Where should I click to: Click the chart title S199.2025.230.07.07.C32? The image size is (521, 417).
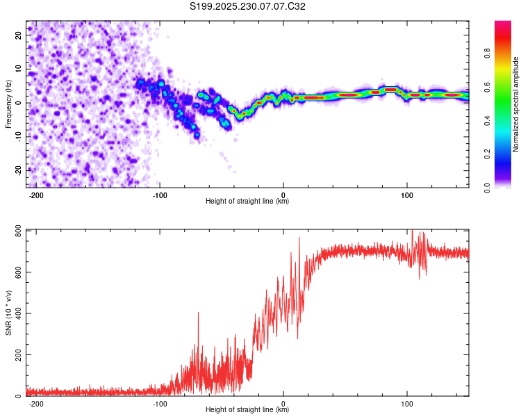(248, 7)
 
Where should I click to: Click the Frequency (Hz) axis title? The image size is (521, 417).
(8, 103)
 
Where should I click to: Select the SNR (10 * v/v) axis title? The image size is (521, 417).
(8, 312)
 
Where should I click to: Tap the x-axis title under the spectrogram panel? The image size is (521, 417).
(247, 202)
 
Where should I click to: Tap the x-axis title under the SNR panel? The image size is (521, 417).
(247, 410)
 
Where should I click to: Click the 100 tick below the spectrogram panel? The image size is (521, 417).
(407, 195)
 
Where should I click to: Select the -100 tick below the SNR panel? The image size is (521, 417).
(160, 403)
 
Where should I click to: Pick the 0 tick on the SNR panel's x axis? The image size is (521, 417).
(283, 403)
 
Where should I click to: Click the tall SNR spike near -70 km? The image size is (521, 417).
(198, 314)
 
